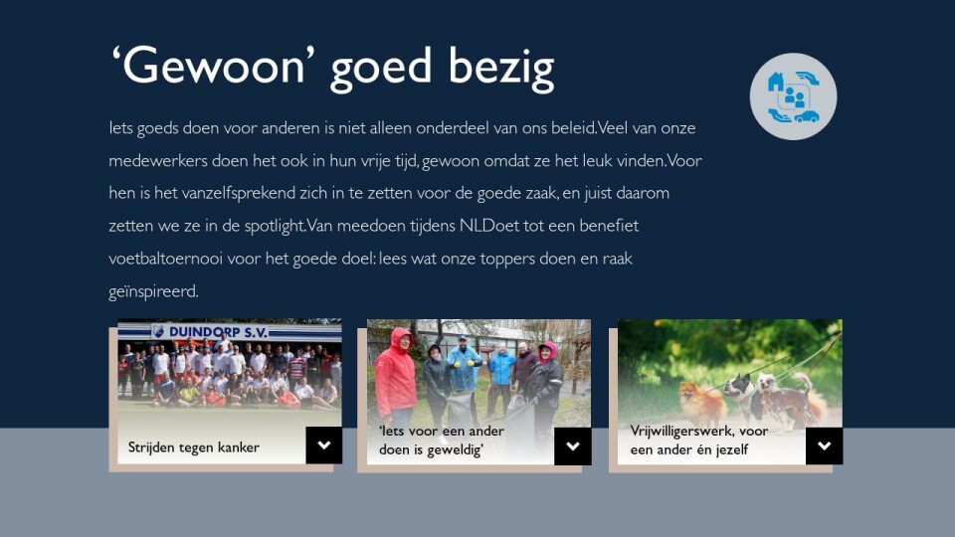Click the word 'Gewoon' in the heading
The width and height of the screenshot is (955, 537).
coord(213,66)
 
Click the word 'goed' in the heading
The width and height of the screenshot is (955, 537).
coord(381,69)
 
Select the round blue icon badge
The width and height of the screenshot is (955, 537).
coord(793,96)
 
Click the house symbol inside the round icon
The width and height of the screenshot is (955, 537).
coord(775,82)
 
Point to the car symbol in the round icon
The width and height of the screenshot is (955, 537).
coord(807,115)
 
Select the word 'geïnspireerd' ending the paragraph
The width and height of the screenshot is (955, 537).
coord(153,291)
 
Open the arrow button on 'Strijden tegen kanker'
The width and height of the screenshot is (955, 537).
coord(324,446)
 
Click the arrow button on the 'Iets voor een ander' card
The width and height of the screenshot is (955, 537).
coord(573,446)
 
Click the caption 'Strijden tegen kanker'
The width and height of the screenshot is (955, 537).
coord(194,447)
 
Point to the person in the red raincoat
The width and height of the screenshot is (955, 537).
coord(395,376)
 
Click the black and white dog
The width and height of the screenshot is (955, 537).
coord(739,397)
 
